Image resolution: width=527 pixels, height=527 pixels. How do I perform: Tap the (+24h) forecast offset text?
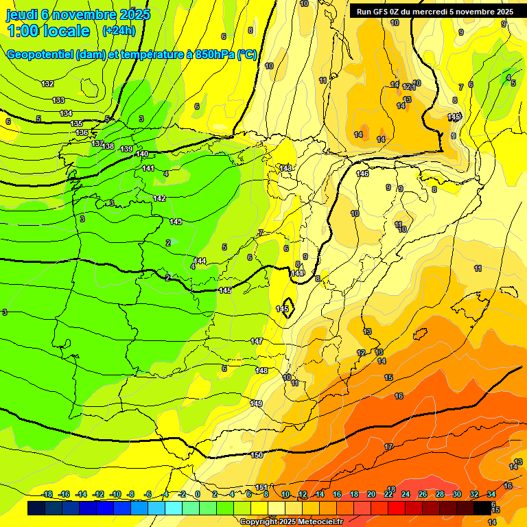pyautogui.click(x=119, y=31)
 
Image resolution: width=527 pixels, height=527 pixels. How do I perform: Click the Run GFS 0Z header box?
pyautogui.click(x=432, y=12)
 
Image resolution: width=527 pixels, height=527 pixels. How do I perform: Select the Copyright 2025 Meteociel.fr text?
pyautogui.click(x=292, y=522)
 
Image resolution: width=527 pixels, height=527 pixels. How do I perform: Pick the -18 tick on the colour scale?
pyautogui.click(x=47, y=494)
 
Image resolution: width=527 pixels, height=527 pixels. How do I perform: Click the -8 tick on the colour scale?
pyautogui.click(x=130, y=494)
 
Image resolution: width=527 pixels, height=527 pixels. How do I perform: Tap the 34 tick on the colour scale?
pyautogui.click(x=491, y=494)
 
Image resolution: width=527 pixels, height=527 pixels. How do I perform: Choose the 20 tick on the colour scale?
pyautogui.click(x=371, y=494)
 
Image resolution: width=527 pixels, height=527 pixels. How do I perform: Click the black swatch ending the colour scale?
pyautogui.click(x=482, y=508)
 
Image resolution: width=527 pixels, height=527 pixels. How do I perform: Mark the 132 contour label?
pyautogui.click(x=47, y=84)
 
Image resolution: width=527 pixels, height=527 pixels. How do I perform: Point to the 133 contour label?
pyautogui.click(x=58, y=100)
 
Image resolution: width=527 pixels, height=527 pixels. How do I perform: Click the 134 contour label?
pyautogui.click(x=66, y=113)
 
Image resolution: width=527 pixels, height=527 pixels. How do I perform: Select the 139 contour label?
pyautogui.click(x=126, y=149)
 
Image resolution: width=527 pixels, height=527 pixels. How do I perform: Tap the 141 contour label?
pyautogui.click(x=148, y=168)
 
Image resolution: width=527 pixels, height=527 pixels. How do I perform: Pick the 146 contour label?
pyautogui.click(x=363, y=174)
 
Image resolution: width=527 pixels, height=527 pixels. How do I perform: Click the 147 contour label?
pyautogui.click(x=257, y=341)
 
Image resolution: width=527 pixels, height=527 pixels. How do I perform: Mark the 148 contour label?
pyautogui.click(x=261, y=371)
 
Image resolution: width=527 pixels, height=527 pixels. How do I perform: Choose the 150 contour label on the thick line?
pyautogui.click(x=257, y=455)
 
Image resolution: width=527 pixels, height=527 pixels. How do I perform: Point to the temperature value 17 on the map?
pyautogui.click(x=388, y=447)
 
